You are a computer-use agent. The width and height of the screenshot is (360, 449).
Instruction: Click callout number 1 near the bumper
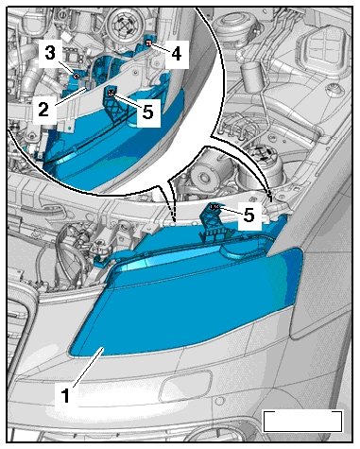point(65,395)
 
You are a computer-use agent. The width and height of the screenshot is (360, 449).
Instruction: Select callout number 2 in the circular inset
point(43,109)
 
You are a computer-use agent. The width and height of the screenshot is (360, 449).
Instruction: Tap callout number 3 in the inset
point(50,53)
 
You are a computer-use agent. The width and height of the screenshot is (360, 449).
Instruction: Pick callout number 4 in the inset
point(177,54)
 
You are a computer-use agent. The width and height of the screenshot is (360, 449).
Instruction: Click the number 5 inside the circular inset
point(147,112)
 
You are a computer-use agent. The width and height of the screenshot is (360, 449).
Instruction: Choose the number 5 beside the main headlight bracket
point(249,216)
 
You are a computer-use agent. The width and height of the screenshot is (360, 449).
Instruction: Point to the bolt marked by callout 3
point(76,76)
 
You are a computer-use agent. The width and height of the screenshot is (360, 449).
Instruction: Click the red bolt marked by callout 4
point(149,43)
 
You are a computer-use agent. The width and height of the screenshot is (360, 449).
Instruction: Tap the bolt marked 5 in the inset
point(111,92)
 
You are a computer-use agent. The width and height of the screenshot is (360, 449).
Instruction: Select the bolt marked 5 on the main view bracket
point(214,207)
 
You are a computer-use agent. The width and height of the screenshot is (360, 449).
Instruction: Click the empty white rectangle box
point(302,422)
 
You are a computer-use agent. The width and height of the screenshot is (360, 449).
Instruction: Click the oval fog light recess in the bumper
point(186,387)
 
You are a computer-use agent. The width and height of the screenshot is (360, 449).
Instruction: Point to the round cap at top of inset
point(122,23)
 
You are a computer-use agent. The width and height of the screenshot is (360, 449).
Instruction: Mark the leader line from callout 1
point(88,368)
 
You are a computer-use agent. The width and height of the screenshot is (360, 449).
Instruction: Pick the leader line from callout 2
point(71,96)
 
